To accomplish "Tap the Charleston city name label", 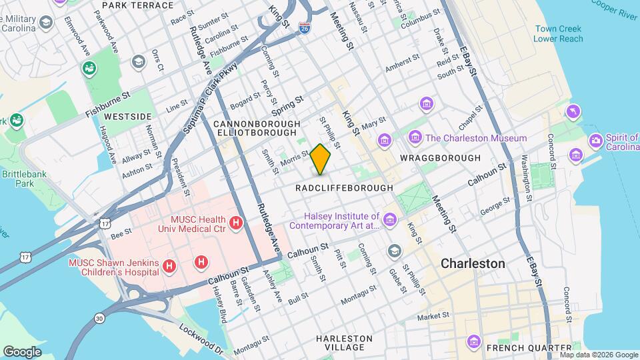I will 473,263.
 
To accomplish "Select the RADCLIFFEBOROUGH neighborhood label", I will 345,188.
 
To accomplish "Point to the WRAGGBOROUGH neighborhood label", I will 440,158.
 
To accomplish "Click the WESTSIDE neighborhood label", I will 128,116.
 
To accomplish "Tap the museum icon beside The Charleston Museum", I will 415,138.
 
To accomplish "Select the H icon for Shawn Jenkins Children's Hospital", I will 169,266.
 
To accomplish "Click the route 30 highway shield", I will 99,319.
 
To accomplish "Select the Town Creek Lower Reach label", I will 558,34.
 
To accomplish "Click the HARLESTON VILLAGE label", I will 344,343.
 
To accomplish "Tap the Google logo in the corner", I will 22,351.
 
